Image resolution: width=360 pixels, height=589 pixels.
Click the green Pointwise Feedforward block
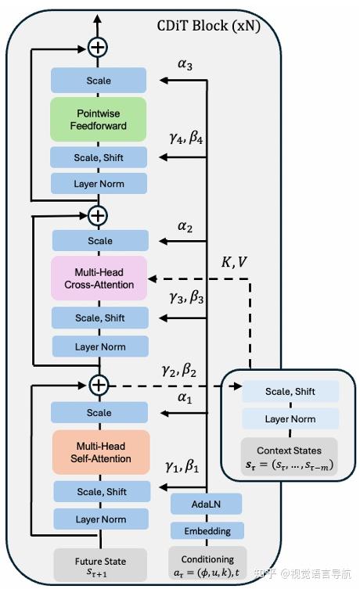(x=99, y=119)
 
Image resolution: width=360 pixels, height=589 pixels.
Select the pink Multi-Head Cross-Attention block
(x=99, y=278)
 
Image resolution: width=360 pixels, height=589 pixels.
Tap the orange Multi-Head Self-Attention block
(x=99, y=451)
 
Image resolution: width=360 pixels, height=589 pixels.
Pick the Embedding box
(x=207, y=531)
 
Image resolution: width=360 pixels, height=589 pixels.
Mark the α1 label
(x=185, y=397)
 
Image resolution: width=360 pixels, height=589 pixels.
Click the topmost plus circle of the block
(x=98, y=48)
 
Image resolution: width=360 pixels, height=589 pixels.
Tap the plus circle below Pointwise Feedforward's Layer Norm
(x=98, y=214)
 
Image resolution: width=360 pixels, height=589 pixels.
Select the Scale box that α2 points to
(x=99, y=241)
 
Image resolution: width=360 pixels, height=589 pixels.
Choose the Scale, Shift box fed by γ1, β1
(x=99, y=491)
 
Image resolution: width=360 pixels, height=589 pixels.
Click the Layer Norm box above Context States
(x=290, y=419)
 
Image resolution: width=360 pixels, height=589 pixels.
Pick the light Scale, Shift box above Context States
(x=290, y=391)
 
